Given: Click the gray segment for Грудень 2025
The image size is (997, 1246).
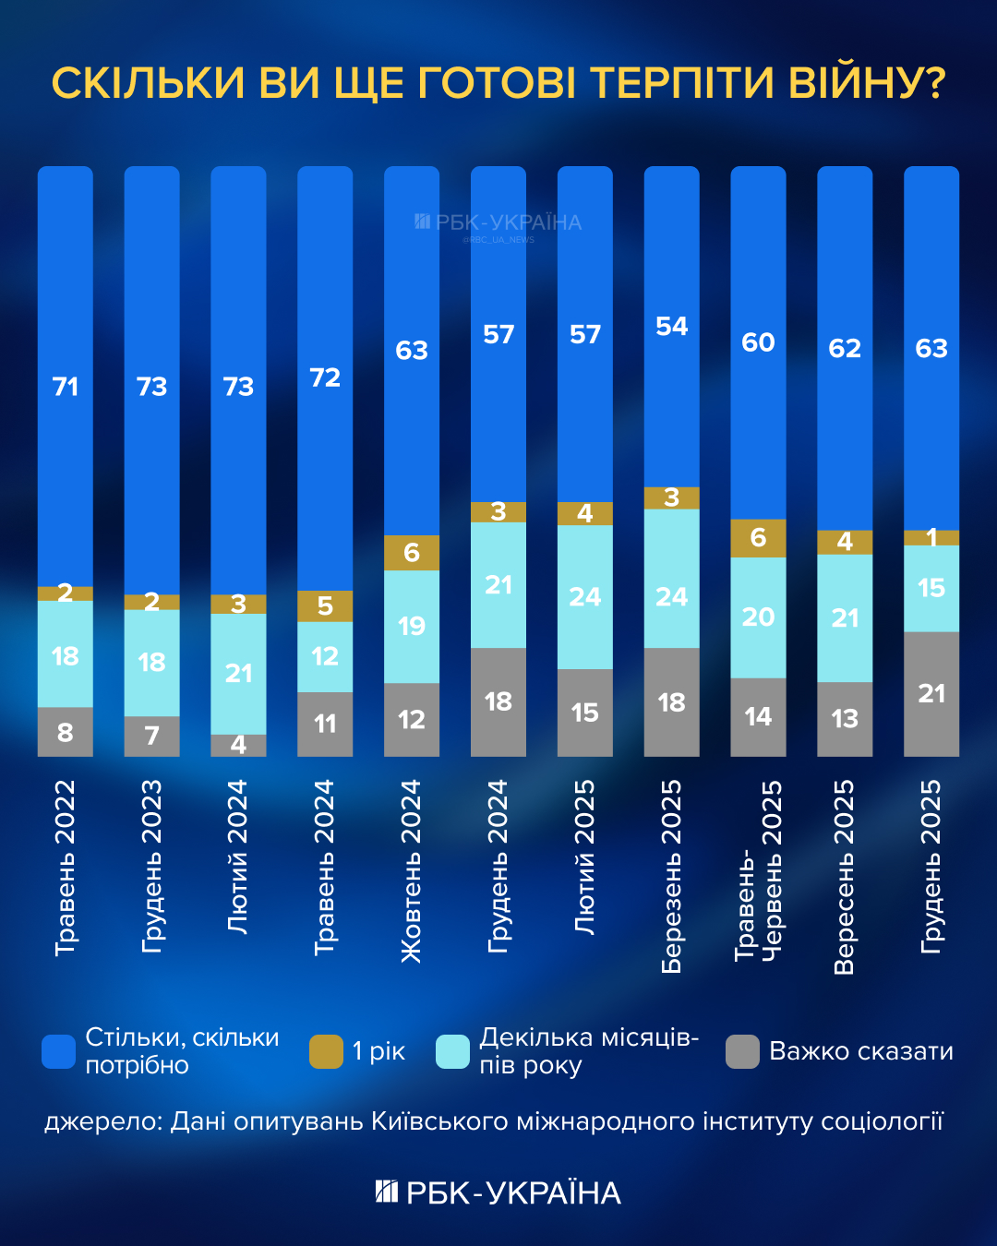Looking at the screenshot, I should click(x=931, y=694).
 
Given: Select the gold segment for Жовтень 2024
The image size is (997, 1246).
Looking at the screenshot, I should click(x=412, y=553).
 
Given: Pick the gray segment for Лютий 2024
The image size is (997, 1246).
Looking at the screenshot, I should click(x=238, y=746).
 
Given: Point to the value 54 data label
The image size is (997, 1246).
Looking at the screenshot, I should click(x=671, y=327).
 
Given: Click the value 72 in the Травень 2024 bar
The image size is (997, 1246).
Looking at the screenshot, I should click(x=325, y=377).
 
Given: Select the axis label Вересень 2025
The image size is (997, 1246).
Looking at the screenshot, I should click(x=844, y=877).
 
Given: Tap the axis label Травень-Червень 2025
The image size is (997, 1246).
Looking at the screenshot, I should click(x=758, y=871).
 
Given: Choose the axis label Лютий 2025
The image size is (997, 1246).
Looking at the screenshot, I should click(x=584, y=857).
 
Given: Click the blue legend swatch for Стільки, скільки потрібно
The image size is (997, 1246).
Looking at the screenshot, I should click(x=59, y=1051).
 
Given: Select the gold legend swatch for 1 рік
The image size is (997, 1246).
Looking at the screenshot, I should click(x=326, y=1051).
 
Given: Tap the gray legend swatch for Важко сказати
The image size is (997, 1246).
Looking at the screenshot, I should click(x=742, y=1051).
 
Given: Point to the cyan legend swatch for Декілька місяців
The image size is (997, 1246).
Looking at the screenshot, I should click(x=452, y=1051).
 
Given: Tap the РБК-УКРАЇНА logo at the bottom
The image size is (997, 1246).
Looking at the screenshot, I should click(x=498, y=1192).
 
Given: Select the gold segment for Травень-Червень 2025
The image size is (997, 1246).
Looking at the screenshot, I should click(x=758, y=538).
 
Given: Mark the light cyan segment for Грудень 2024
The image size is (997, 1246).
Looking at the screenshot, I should click(x=498, y=585).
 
